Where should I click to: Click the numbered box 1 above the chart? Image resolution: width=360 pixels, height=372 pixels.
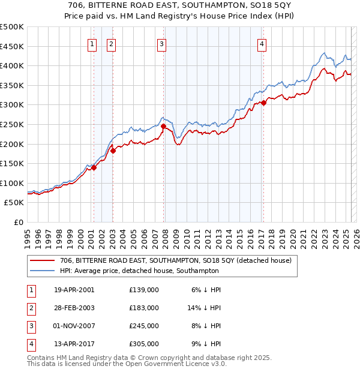click(92, 43)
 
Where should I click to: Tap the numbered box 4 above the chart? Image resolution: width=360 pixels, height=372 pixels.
click(263, 43)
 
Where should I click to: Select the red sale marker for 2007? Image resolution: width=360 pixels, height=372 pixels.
click(163, 126)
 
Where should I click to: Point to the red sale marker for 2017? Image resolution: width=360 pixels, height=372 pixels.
click(263, 103)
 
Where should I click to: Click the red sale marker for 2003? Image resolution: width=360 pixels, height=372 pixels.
click(113, 151)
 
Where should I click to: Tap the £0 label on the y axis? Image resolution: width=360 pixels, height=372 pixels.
click(19, 222)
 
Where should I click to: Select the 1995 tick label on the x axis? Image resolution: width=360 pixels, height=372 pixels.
click(28, 235)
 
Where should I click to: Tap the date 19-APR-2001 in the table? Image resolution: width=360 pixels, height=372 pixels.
click(74, 290)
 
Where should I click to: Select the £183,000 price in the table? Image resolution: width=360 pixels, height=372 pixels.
click(144, 308)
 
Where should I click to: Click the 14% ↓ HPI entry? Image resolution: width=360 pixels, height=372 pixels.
click(205, 308)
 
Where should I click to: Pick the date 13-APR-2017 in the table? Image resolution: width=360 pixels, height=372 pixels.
click(74, 344)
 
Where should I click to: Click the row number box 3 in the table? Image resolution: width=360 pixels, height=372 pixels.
click(30, 326)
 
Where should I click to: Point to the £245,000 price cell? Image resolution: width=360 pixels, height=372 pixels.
click(144, 326)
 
